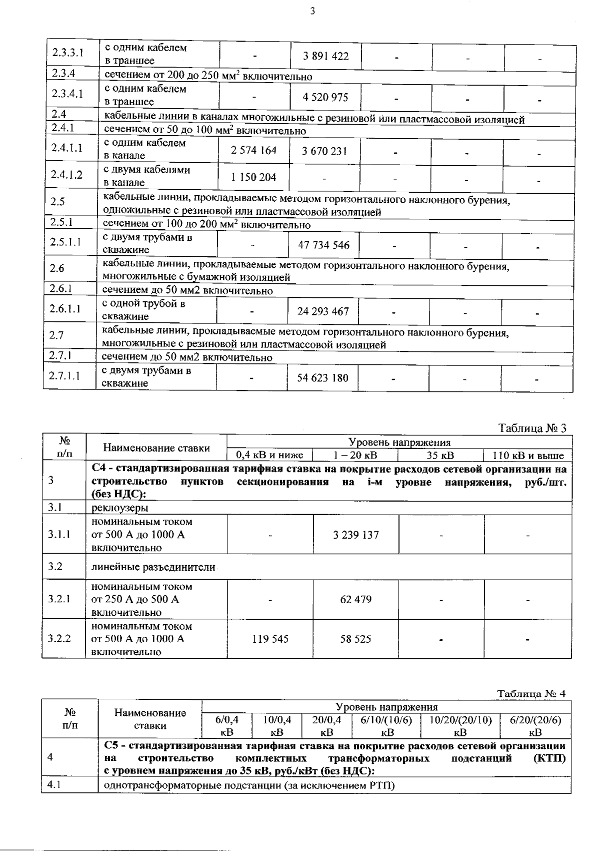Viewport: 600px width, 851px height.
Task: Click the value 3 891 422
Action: coord(325,56)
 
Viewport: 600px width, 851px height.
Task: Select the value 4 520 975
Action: coord(325,97)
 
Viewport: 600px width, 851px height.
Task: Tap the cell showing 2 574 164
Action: coord(254,150)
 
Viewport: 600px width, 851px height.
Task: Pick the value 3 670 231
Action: coord(324,151)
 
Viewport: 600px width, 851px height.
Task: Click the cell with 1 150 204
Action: coord(253,177)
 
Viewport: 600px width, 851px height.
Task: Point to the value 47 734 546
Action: coord(323,245)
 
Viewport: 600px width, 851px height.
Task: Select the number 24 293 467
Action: coord(323,311)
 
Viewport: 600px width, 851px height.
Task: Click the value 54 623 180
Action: coord(322,378)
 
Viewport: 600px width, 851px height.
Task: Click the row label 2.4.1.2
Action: coord(66,174)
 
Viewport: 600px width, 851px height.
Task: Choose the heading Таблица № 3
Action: coord(532,429)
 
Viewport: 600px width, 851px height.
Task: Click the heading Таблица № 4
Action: coord(531,694)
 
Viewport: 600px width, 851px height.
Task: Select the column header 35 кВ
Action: coord(440,456)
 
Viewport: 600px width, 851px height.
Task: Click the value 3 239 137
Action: coord(356,535)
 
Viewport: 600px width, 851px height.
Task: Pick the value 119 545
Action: coord(270,639)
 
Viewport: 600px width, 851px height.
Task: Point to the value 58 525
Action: coord(356,639)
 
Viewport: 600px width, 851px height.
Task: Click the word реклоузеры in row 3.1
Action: coord(119,508)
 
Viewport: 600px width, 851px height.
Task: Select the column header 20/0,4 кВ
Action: coord(326,726)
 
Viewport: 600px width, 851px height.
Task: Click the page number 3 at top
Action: coord(312,12)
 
